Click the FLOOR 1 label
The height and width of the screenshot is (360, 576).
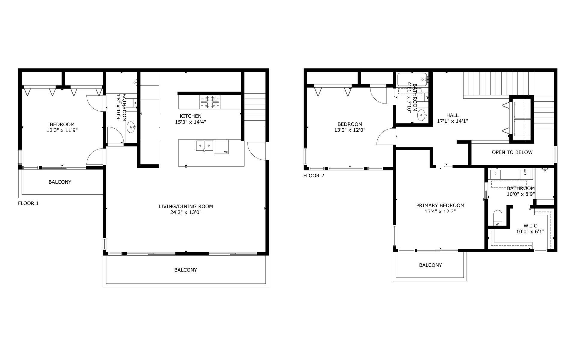pos(28,203)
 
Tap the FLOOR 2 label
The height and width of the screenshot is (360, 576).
pos(313,176)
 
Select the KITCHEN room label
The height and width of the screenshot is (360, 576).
pos(190,116)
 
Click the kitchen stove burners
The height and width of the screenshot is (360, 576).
pos(210,102)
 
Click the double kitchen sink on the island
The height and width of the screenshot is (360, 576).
pos(205,146)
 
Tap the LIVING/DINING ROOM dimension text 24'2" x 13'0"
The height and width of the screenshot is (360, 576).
pos(186,212)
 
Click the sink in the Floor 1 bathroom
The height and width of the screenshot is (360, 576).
pos(131,127)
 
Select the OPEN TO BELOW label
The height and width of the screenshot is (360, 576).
pos(512,152)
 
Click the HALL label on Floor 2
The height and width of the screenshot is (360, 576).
pos(452,115)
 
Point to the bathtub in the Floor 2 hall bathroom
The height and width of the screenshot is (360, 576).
pos(412,79)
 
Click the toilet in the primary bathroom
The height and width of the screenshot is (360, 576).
pos(498,218)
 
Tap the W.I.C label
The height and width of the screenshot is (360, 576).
pos(530,226)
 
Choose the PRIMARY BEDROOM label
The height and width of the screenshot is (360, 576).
pos(440,205)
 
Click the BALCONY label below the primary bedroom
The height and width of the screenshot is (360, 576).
pos(430,265)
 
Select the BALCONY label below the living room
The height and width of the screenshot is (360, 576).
pos(186,270)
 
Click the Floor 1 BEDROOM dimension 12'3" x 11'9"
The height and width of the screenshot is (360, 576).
pos(62,130)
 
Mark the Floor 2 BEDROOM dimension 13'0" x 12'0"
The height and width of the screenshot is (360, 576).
pos(350,130)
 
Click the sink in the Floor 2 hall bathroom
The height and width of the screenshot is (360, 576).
pos(422,115)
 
